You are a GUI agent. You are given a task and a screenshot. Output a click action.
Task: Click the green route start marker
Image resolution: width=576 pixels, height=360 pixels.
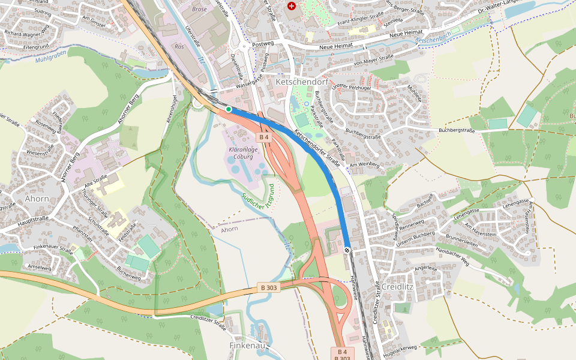coord(229,109)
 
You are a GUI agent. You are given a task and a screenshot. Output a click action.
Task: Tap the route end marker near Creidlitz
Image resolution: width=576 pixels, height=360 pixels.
coord(347,250)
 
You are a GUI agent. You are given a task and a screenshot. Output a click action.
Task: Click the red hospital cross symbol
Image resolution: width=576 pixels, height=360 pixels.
coord(292,6)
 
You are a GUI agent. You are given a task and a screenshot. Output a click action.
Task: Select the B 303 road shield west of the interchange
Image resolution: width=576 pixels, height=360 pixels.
coord(269,287)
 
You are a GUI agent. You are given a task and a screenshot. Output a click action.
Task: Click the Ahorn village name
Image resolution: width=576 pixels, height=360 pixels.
coord(37,199)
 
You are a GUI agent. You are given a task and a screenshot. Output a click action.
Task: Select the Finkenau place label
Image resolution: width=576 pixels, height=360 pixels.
coord(248,346)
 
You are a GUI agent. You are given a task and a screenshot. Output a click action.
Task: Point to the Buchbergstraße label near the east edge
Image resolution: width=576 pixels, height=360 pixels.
coord(457,130)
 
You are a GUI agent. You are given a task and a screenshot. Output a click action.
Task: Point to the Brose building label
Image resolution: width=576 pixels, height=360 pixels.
coord(199,10)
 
